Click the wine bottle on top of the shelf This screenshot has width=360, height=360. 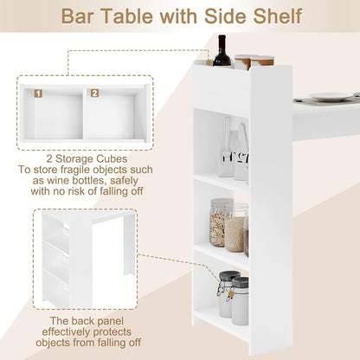(222, 51)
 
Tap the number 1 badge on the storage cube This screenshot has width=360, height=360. (38, 93)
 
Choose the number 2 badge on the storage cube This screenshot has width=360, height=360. (94, 93)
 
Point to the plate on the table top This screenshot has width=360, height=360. (329, 98)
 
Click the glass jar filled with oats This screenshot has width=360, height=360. (222, 224)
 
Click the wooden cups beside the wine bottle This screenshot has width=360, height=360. (254, 61)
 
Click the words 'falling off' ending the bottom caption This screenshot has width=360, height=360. (118, 343)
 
